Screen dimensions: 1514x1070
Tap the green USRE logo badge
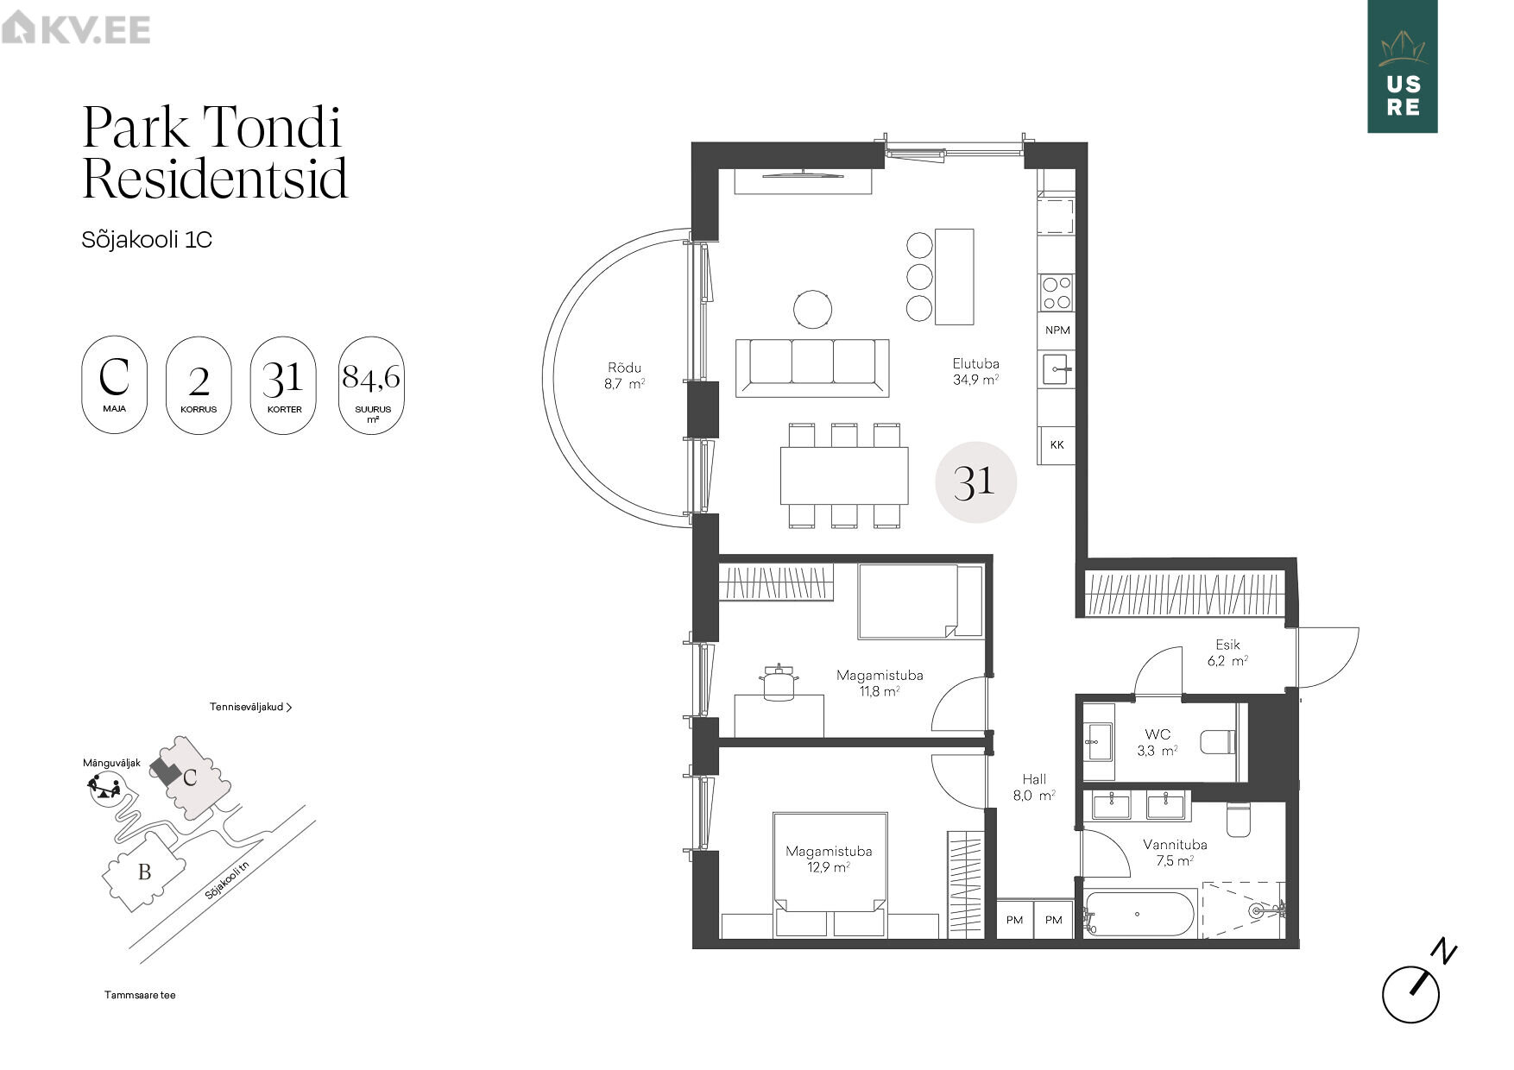[1402, 66]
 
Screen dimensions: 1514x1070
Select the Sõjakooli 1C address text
[147, 239]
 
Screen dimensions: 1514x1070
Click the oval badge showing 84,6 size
[371, 385]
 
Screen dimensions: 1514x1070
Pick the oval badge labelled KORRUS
[199, 385]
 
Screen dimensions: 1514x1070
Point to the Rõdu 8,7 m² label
[624, 376]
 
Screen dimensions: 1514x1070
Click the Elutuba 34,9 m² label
[975, 371]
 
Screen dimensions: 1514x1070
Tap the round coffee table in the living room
[812, 308]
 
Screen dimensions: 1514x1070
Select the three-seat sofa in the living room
[812, 368]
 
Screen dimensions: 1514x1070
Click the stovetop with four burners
[1057, 293]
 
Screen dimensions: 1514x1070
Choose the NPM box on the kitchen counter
[1057, 330]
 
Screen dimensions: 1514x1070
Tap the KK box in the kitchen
[1057, 445]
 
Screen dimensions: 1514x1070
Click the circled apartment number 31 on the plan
[975, 481]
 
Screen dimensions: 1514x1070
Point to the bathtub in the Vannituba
[1140, 914]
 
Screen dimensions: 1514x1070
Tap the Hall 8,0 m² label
[1034, 787]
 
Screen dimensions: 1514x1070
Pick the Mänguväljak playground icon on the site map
[104, 787]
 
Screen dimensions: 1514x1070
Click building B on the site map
[144, 872]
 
